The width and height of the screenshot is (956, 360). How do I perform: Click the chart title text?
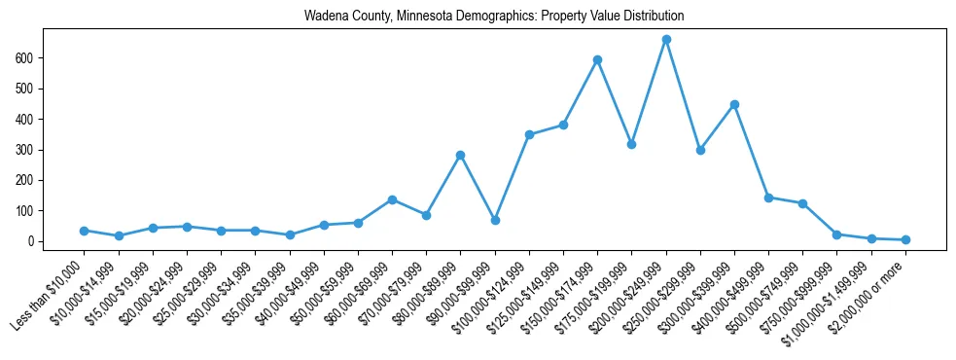pyautogui.click(x=494, y=16)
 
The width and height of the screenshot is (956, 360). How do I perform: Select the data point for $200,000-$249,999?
pyautogui.click(x=666, y=40)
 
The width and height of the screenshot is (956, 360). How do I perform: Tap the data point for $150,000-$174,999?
pyautogui.click(x=597, y=60)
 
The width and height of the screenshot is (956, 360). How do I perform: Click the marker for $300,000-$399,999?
pyautogui.click(x=734, y=104)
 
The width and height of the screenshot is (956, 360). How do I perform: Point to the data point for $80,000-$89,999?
pyautogui.click(x=460, y=155)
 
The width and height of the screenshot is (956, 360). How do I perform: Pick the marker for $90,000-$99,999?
pyautogui.click(x=495, y=221)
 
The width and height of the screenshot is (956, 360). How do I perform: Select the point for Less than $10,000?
pyautogui.click(x=85, y=231)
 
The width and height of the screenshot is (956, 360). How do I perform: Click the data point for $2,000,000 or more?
pyautogui.click(x=905, y=239)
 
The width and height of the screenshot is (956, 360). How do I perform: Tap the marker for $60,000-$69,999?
pyautogui.click(x=392, y=199)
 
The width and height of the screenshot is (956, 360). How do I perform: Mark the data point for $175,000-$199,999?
pyautogui.click(x=632, y=144)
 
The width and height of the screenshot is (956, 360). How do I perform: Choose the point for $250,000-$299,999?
pyautogui.click(x=700, y=150)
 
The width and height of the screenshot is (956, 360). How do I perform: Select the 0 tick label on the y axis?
pyautogui.click(x=32, y=241)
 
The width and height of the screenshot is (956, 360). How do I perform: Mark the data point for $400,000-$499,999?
pyautogui.click(x=768, y=198)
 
